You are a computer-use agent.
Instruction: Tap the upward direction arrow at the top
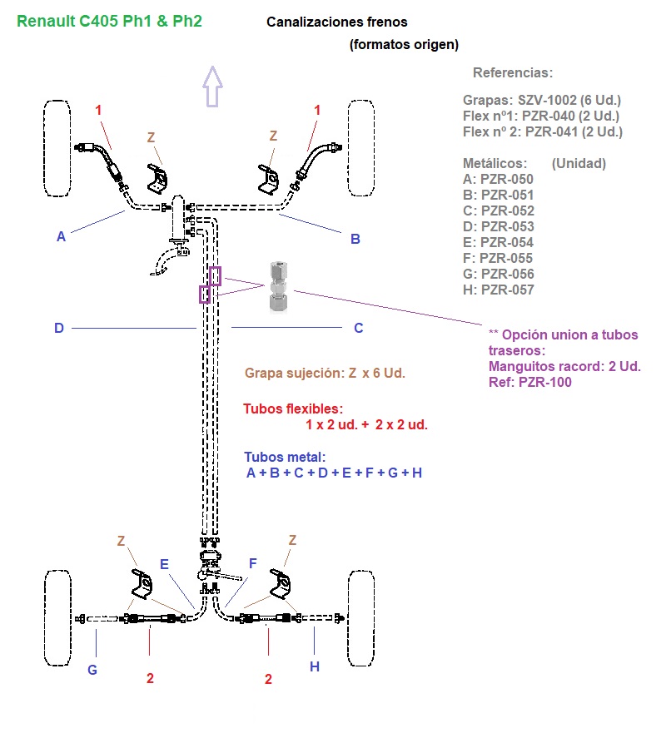213,87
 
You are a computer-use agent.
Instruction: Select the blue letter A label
61,237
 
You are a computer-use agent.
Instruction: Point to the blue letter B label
355,240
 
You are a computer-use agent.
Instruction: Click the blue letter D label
59,329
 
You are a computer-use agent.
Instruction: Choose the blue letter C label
359,329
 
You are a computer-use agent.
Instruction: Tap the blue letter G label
92,669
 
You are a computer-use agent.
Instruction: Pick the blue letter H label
315,666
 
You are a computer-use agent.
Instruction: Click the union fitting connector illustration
280,287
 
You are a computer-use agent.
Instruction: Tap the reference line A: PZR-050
498,179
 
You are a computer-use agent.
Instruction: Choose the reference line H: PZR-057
498,290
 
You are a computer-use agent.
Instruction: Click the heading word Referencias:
512,72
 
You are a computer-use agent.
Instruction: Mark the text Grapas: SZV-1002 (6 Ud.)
542,100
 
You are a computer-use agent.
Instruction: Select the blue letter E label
164,564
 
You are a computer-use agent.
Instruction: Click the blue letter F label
252,564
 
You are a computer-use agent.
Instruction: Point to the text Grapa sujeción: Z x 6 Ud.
325,373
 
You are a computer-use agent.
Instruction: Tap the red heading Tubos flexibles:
293,409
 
